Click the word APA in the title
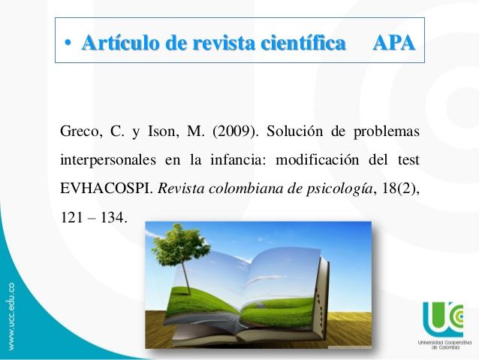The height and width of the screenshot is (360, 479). (x=394, y=43)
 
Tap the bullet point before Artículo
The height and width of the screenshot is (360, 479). (x=68, y=44)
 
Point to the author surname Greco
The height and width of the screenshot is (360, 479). (x=81, y=132)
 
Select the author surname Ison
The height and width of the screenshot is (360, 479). (x=163, y=132)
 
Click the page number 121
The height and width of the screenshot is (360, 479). (x=71, y=217)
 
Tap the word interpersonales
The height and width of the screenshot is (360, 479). (x=108, y=160)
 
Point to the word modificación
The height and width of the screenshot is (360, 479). (x=318, y=159)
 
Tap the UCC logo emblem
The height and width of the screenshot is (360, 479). (x=444, y=319)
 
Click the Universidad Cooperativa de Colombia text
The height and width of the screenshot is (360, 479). (x=444, y=344)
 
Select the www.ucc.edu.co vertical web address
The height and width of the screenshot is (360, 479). (x=11, y=316)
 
